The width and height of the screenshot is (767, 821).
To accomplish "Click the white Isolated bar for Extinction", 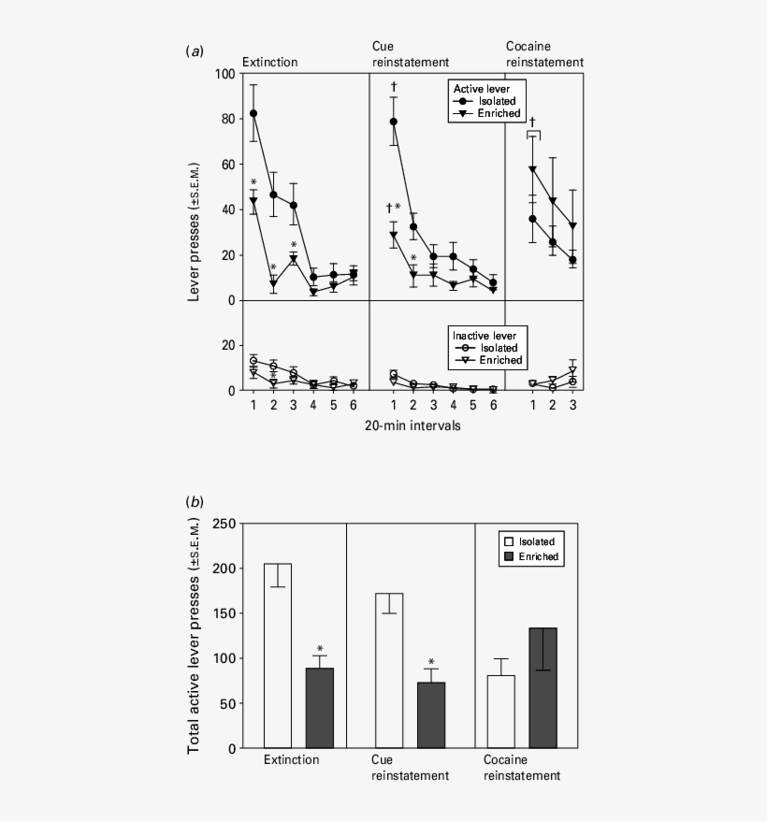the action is [278, 655].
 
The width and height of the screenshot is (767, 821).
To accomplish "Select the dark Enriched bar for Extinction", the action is [320, 708].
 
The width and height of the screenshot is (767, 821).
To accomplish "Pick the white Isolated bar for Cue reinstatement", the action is [389, 670].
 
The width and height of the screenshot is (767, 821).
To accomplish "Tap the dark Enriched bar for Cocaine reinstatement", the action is [543, 688].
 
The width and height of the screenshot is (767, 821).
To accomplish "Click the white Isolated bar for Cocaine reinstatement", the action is [500, 712].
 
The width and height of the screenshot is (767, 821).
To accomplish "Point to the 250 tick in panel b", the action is [224, 524].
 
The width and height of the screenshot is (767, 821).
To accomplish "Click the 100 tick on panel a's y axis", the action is [224, 74].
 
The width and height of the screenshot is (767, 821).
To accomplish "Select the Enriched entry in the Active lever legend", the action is [487, 113].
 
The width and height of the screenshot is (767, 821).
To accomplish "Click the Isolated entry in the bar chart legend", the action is [529, 541].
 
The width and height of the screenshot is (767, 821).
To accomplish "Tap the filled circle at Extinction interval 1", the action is [253, 113].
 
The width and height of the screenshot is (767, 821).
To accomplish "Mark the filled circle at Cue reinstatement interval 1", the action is [394, 122].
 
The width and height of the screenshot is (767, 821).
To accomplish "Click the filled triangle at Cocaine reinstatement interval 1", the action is [533, 169].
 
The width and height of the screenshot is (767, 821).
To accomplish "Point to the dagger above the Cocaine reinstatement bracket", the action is [533, 122].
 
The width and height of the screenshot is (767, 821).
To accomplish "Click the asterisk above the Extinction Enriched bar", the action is [320, 649].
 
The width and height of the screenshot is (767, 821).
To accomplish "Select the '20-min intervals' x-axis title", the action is [412, 425].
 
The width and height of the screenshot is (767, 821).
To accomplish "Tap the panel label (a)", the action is [195, 50].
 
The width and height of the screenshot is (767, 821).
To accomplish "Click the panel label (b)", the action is [195, 501].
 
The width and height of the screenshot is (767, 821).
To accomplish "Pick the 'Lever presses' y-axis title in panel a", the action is [194, 232].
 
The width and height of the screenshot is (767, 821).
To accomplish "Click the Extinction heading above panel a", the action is [269, 63].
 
